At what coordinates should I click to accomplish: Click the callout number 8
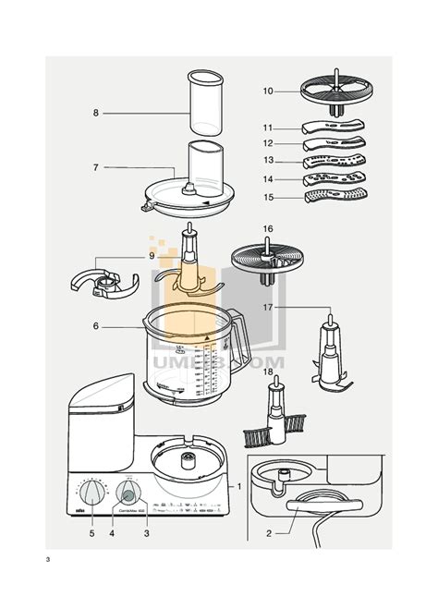95,113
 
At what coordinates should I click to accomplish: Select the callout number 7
95,167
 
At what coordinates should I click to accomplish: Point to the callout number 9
152,255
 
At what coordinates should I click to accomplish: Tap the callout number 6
95,325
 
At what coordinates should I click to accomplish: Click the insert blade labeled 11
334,128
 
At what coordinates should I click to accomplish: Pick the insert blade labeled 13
334,161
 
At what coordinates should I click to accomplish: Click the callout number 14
268,178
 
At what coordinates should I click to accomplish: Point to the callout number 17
268,306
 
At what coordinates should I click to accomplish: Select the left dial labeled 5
93,490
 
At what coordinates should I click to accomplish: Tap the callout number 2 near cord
269,532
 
